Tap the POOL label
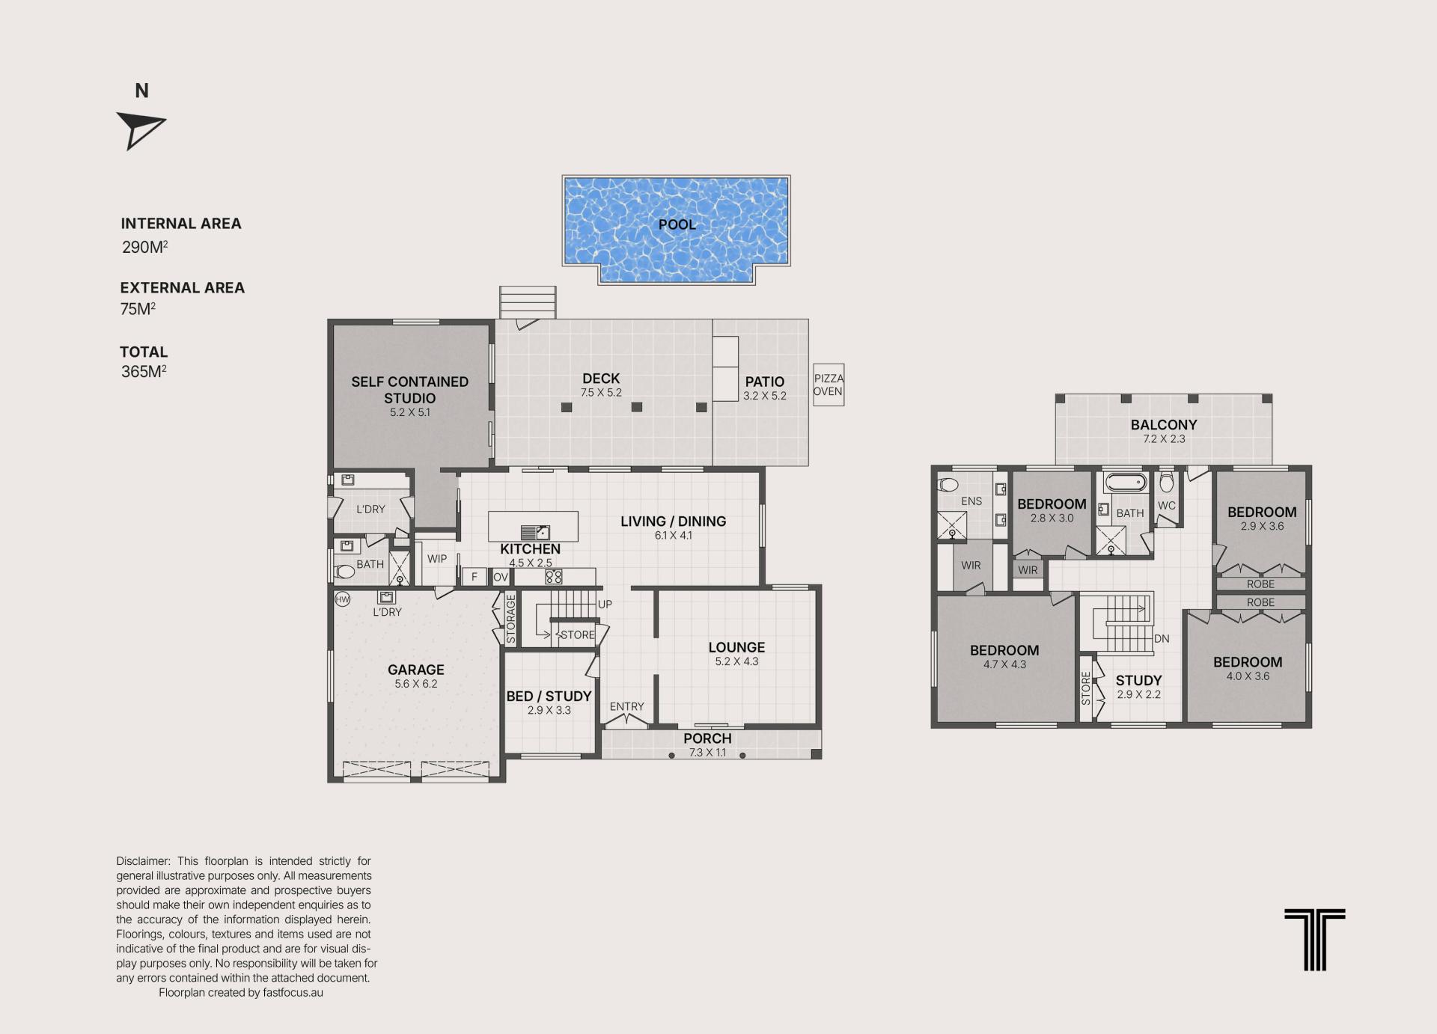[677, 224]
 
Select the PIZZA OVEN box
[829, 385]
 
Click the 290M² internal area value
[144, 247]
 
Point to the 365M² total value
[144, 371]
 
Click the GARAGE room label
[415, 670]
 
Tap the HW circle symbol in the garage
[342, 599]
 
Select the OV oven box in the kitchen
[501, 577]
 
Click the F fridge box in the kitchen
[474, 577]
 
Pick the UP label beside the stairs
[605, 604]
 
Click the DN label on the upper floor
[1162, 638]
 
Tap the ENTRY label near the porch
[626, 706]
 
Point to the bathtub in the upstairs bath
[1125, 482]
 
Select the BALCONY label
[1164, 424]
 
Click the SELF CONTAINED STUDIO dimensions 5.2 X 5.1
[409, 412]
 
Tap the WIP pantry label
[437, 559]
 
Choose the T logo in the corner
[1314, 940]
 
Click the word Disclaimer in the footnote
[144, 861]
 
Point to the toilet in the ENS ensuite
[948, 483]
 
